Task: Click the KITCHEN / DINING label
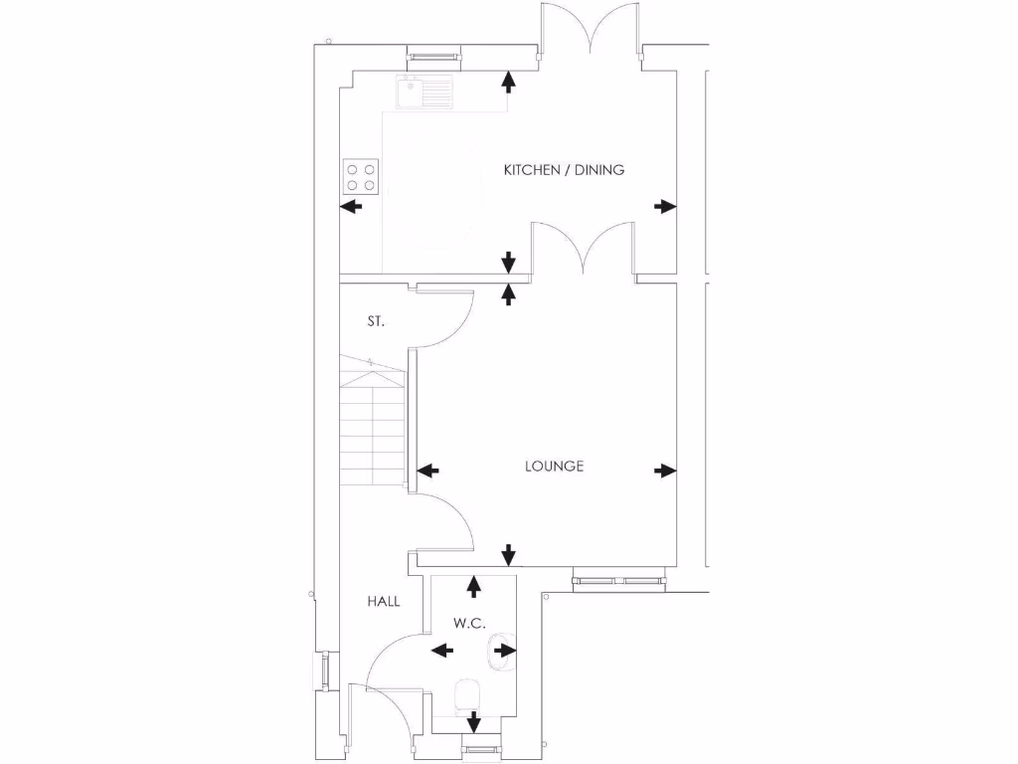click(x=564, y=170)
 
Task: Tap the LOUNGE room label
click(x=554, y=466)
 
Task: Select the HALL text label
click(x=384, y=601)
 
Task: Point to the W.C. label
click(x=468, y=624)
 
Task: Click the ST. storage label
click(x=376, y=321)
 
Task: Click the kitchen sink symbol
click(x=423, y=92)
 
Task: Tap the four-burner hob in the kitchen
click(x=362, y=176)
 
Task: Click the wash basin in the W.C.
click(x=499, y=652)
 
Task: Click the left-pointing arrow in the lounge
click(x=428, y=471)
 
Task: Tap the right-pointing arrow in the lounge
click(x=665, y=471)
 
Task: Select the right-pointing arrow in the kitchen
click(x=665, y=206)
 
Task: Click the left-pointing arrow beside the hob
click(x=351, y=206)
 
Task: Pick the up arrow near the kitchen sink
click(x=509, y=82)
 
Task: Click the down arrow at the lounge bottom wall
click(x=509, y=554)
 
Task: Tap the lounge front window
click(x=617, y=579)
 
